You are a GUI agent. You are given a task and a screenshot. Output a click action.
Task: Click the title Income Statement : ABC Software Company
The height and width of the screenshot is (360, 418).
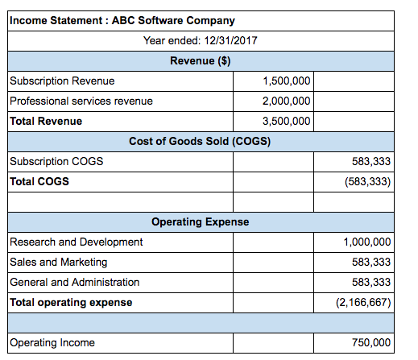122,21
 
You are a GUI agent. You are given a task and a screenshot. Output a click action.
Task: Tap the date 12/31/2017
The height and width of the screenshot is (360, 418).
230,41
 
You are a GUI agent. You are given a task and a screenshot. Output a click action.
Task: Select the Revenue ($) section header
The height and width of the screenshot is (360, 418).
201,61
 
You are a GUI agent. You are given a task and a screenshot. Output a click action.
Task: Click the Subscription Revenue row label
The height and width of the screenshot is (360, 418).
62,81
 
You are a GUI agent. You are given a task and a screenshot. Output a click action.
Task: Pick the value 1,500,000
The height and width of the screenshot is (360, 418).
287,81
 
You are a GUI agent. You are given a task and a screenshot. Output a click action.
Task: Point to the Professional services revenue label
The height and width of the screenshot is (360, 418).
81,101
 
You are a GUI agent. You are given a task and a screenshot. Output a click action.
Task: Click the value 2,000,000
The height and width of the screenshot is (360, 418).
287,101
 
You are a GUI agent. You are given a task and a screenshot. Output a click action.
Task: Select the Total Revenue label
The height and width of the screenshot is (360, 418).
46,122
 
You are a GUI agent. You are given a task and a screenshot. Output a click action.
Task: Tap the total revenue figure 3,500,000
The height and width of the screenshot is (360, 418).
287,122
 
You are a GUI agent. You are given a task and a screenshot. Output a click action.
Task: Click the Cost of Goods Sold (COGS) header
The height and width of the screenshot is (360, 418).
200,142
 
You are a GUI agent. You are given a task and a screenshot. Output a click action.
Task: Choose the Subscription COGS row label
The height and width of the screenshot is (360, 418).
56,162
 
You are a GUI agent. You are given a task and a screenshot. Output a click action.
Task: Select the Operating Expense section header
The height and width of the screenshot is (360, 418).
201,222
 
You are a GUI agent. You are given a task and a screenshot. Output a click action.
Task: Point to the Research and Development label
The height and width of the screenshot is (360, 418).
77,242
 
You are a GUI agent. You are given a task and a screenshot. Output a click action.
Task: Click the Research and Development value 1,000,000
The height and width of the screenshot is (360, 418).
367,242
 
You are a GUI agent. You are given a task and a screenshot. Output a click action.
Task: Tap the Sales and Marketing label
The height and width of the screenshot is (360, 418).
59,263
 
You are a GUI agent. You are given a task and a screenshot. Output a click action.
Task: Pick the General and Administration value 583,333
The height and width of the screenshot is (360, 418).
371,283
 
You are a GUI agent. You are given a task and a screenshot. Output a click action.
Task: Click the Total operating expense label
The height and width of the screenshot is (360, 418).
71,303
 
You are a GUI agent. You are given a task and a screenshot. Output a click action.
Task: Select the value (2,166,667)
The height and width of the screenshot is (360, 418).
363,303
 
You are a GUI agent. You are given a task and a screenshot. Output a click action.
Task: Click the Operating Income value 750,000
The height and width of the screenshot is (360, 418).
371,343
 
